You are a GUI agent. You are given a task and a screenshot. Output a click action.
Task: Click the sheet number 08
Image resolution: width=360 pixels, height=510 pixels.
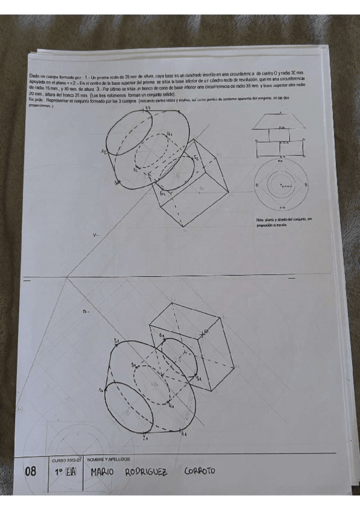31,472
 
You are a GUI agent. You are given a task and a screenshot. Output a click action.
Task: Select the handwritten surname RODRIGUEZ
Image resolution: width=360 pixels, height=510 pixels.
147,472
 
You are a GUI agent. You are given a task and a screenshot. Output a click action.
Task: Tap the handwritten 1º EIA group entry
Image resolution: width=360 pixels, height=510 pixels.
65,472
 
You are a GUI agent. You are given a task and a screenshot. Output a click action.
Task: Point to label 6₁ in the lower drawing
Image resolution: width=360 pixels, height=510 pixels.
162,334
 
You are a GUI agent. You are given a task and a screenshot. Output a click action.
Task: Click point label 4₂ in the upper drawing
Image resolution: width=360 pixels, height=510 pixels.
170,134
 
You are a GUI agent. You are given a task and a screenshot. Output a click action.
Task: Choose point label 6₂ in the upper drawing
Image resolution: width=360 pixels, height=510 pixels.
162,194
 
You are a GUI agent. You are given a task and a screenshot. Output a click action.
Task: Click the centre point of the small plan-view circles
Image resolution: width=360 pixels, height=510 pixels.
277,184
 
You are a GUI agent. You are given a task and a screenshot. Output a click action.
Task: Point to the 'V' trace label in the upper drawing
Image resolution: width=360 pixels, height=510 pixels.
95,236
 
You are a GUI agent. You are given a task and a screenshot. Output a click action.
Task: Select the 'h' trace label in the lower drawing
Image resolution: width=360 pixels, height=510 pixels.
85,312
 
